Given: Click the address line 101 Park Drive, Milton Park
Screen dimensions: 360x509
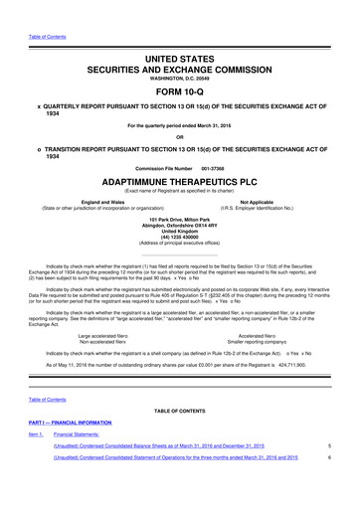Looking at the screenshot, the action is tap(179, 220).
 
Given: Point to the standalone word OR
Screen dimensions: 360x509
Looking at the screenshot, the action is tap(179, 137).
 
